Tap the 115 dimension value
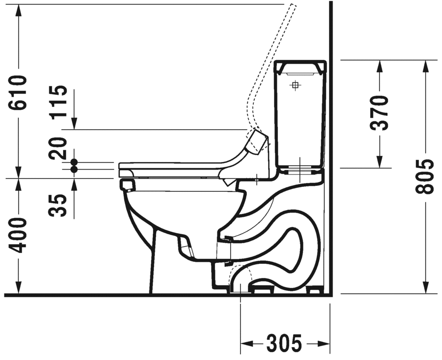[x=58, y=101]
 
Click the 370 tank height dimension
[x=379, y=113]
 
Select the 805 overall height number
[x=424, y=177]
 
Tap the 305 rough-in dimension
[x=284, y=343]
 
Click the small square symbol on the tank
[x=295, y=85]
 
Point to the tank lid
[x=300, y=67]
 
